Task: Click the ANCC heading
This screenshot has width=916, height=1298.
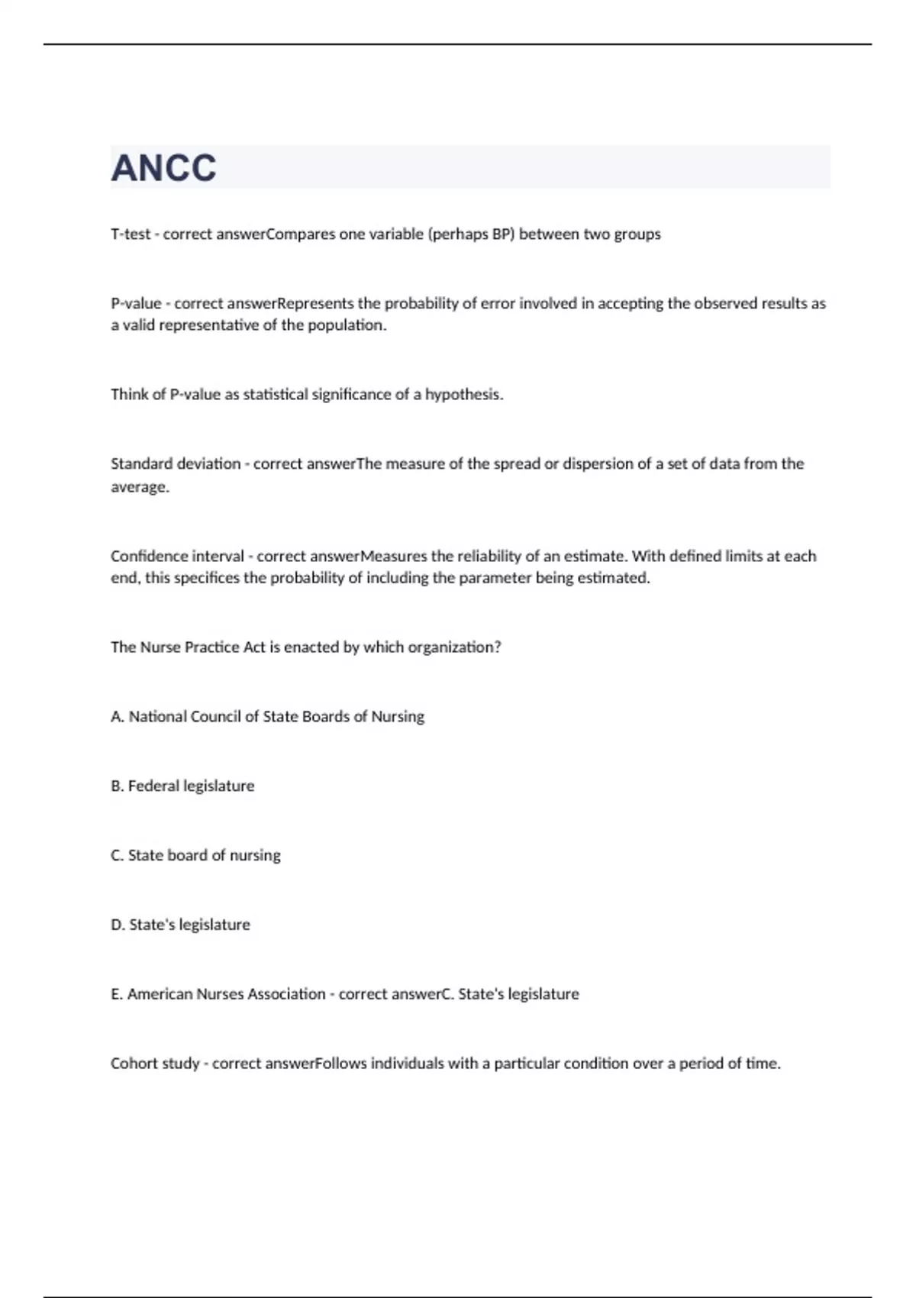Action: (x=163, y=168)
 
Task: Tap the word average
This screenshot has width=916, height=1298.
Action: (x=139, y=487)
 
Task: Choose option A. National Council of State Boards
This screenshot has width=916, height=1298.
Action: (x=267, y=717)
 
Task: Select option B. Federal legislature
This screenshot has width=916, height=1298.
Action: (x=182, y=786)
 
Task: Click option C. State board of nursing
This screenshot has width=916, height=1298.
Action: (x=195, y=856)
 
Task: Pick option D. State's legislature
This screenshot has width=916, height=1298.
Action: (x=180, y=925)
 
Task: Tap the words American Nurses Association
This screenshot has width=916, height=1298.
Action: (x=226, y=994)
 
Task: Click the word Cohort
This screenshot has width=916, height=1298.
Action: (x=134, y=1064)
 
